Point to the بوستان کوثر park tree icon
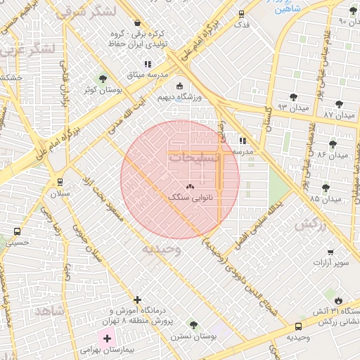[x=103, y=79]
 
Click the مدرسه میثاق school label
[x=146, y=74]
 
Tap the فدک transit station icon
[x=242, y=14]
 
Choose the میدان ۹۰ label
[x=342, y=22]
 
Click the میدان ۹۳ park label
[x=293, y=108]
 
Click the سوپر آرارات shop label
[x=331, y=263]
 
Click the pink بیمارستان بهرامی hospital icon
[x=107, y=339]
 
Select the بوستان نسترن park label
[x=193, y=336]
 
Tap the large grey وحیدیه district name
[x=162, y=248]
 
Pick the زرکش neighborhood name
[x=311, y=225]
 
